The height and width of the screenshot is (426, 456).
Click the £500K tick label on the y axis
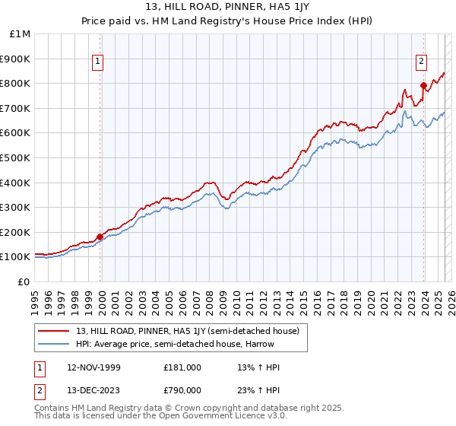click(x=17, y=157)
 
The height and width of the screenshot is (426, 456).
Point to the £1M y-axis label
click(x=21, y=33)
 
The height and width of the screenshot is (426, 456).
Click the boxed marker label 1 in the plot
click(x=100, y=63)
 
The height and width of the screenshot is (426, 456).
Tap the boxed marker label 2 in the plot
click(x=421, y=63)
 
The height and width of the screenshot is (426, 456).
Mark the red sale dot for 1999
click(x=100, y=237)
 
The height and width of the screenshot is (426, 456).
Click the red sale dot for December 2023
click(x=423, y=85)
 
